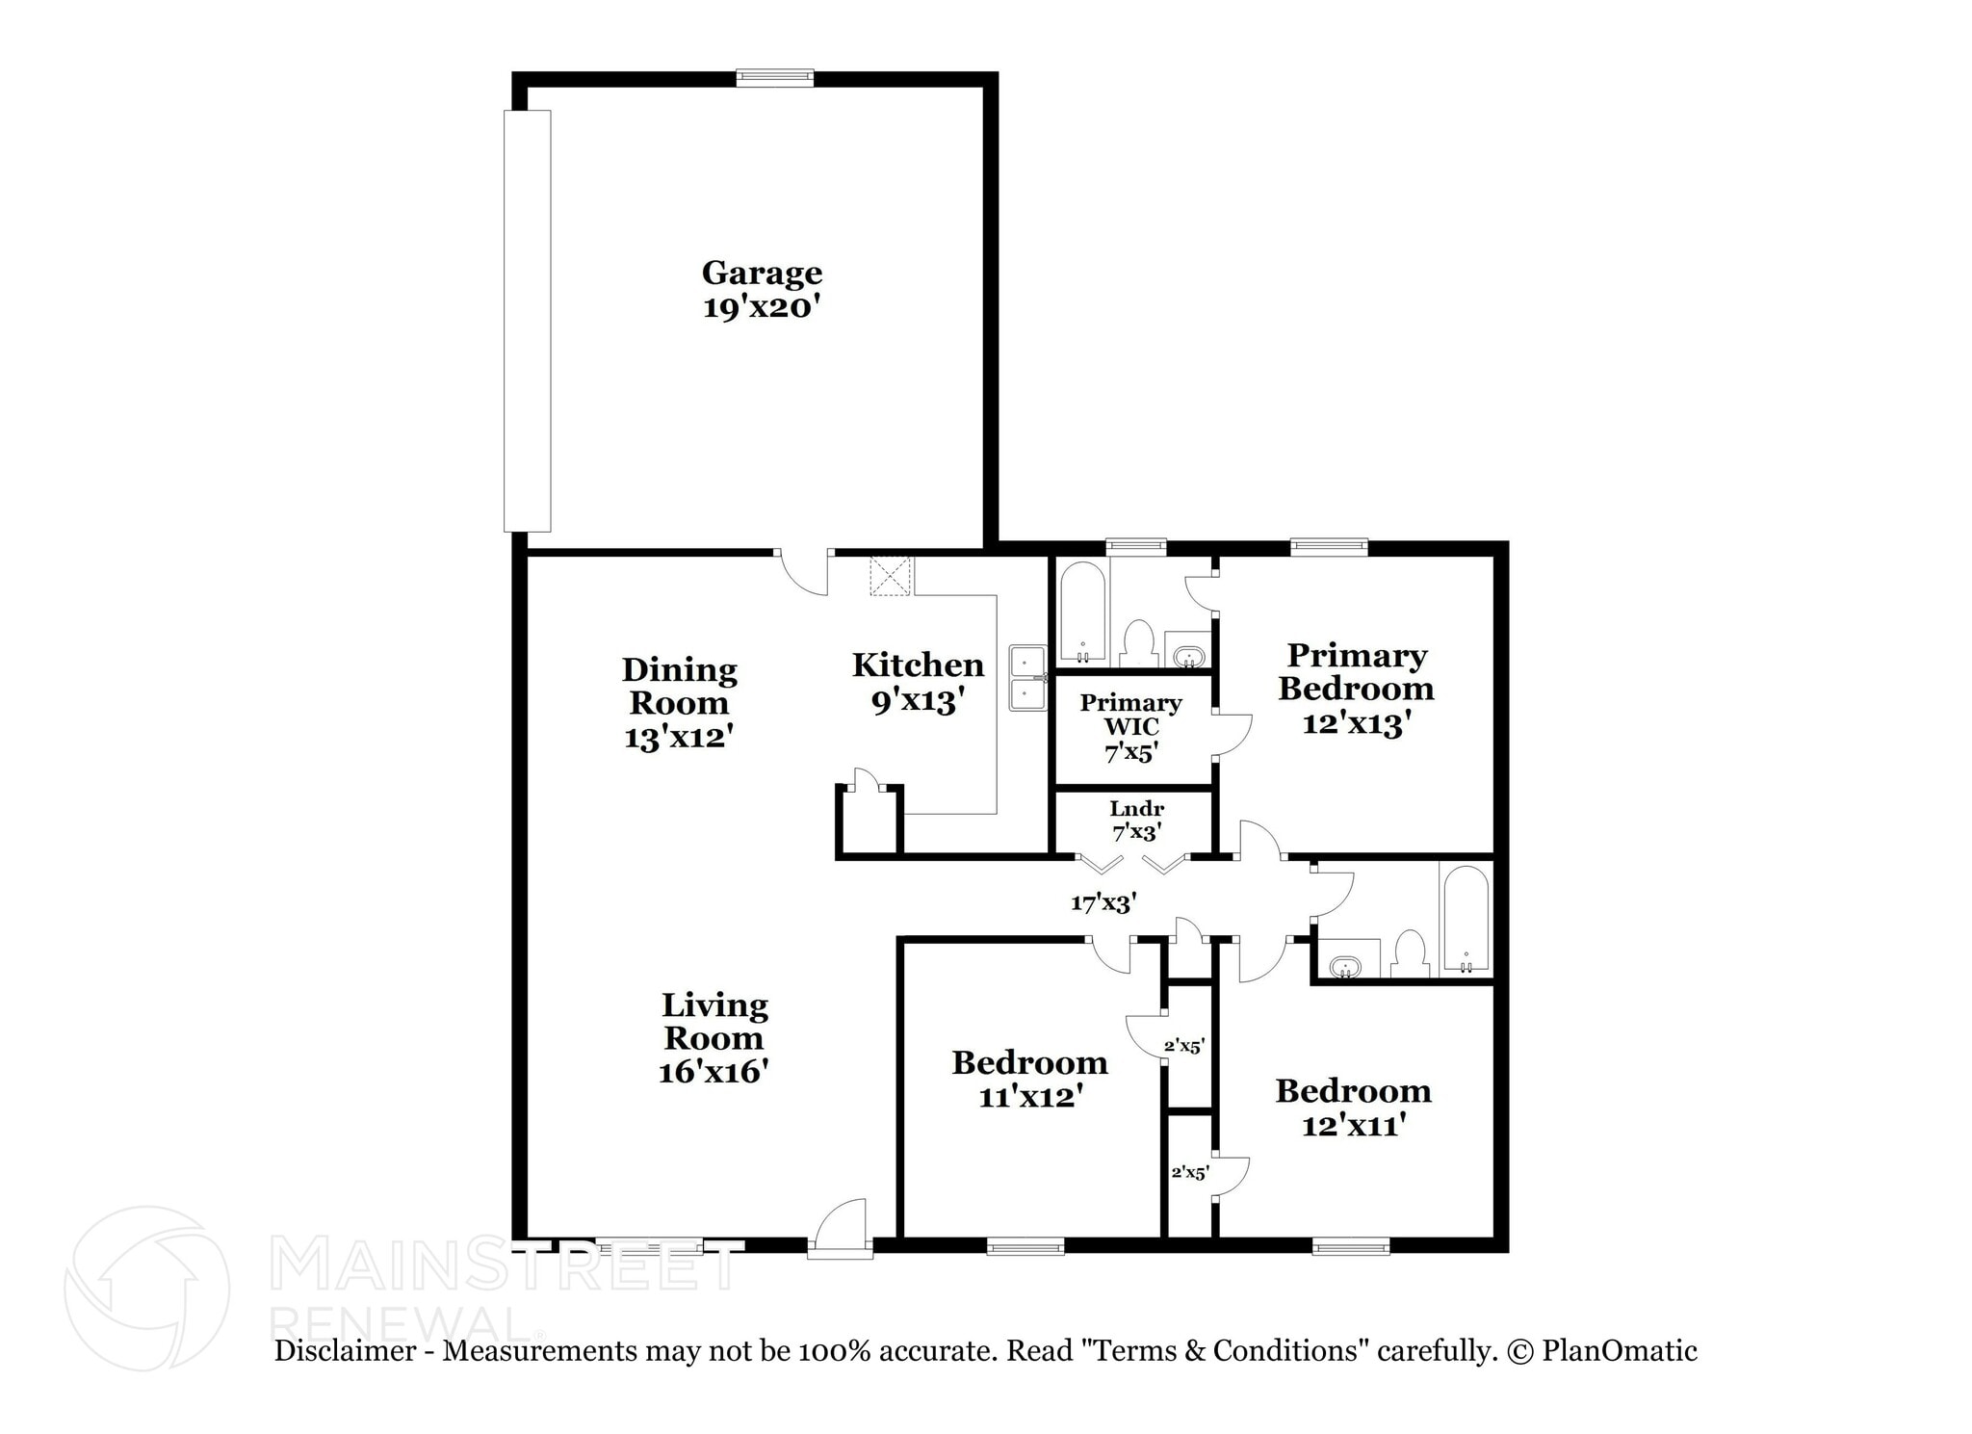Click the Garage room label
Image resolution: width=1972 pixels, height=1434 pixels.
point(762,274)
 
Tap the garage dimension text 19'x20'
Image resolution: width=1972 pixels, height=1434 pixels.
point(762,308)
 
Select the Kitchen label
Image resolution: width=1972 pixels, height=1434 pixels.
point(918,665)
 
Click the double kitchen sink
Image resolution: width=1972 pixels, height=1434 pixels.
point(1028,678)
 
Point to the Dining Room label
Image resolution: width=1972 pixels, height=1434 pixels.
point(679,686)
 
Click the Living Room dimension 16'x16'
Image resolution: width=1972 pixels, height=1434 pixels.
point(713,1072)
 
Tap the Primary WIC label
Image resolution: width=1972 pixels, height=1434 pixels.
point(1131,715)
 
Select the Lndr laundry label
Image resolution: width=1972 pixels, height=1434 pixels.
point(1136,809)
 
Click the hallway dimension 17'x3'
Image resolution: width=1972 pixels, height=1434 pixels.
point(1103,902)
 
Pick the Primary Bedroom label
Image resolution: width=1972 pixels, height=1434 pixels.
point(1357,672)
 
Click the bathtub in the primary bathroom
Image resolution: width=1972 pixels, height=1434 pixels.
point(1082,613)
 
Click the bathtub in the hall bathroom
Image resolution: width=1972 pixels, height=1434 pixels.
point(1465,919)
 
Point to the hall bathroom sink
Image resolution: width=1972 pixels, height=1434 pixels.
point(1342,965)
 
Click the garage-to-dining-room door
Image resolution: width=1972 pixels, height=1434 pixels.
point(803,573)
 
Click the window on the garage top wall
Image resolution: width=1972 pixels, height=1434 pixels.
point(774,78)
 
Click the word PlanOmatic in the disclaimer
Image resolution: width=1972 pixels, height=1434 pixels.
point(1620,1351)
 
